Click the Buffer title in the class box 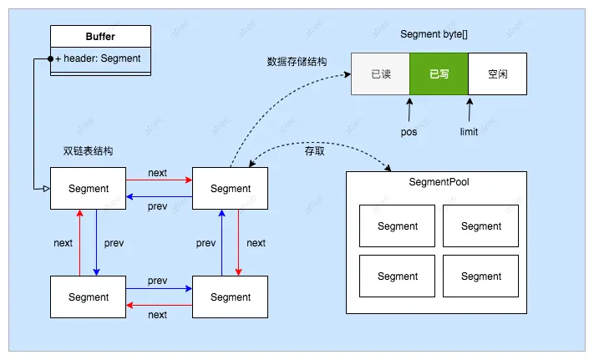tap(100, 37)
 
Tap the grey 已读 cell tap(380, 74)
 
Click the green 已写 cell tap(439, 74)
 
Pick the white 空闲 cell tap(497, 74)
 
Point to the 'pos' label tap(409, 132)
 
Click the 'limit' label tap(469, 132)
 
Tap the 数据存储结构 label tap(297, 61)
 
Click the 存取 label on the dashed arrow tap(315, 152)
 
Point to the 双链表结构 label tap(88, 151)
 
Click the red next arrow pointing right tap(159, 180)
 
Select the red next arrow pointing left tap(159, 307)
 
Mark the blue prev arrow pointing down tap(97, 243)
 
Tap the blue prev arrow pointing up tap(221, 243)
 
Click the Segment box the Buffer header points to tap(88, 189)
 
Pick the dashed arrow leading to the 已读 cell tap(276, 100)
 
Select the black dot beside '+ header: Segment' tap(50, 59)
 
